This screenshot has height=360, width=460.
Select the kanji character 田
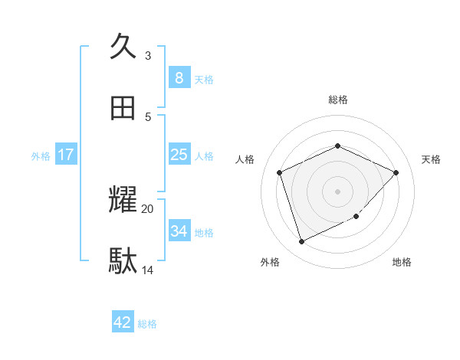[123, 109]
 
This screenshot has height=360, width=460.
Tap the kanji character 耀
[123, 201]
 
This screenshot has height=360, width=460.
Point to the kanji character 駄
[123, 262]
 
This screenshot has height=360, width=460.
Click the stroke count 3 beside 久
[148, 56]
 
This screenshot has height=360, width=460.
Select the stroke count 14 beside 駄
[148, 270]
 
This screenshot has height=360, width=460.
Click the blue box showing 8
[179, 77]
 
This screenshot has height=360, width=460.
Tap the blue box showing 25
[179, 155]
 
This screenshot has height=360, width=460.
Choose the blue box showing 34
[179, 231]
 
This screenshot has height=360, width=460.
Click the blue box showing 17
[66, 155]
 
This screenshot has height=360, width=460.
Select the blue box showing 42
[123, 322]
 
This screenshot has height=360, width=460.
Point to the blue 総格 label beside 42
[147, 324]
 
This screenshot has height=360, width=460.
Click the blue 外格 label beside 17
[41, 156]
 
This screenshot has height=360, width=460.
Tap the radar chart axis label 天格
[431, 159]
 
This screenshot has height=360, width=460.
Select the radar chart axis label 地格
[402, 262]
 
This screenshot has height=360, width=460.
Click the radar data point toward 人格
[280, 172]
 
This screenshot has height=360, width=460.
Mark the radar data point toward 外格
[301, 242]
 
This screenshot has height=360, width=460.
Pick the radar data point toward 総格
[337, 146]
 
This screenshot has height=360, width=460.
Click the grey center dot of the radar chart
[337, 191]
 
